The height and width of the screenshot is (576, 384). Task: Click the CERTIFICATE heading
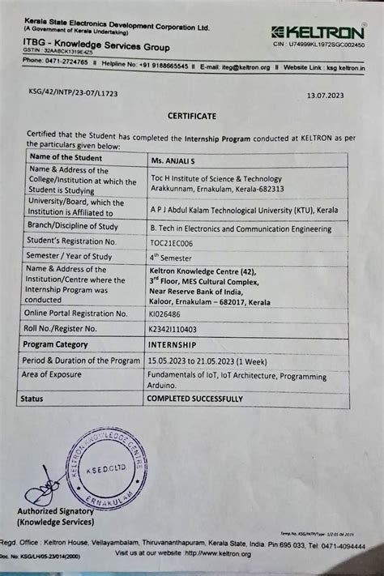click(192, 116)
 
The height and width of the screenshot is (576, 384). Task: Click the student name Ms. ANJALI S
click(172, 159)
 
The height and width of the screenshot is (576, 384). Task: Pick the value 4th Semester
click(172, 258)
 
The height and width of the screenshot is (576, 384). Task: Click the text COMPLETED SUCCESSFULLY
click(194, 399)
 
